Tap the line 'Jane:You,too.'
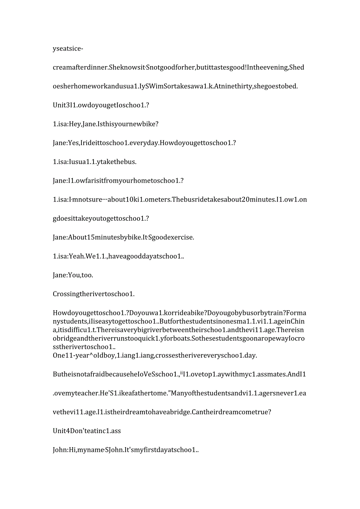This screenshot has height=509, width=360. pyautogui.click(x=73, y=275)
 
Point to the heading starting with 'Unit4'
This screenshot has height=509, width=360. pyautogui.click(x=87, y=431)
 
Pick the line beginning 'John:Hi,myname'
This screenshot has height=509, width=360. pyautogui.click(x=126, y=450)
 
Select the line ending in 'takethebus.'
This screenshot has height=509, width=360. pyautogui.click(x=95, y=162)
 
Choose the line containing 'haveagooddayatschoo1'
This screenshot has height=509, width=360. pyautogui.click(x=119, y=256)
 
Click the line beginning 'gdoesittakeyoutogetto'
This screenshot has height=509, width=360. pyautogui.click(x=101, y=218)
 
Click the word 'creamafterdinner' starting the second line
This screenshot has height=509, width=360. pyautogui.click(x=80, y=67)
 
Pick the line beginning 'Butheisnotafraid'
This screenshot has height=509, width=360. pyautogui.click(x=179, y=374)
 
